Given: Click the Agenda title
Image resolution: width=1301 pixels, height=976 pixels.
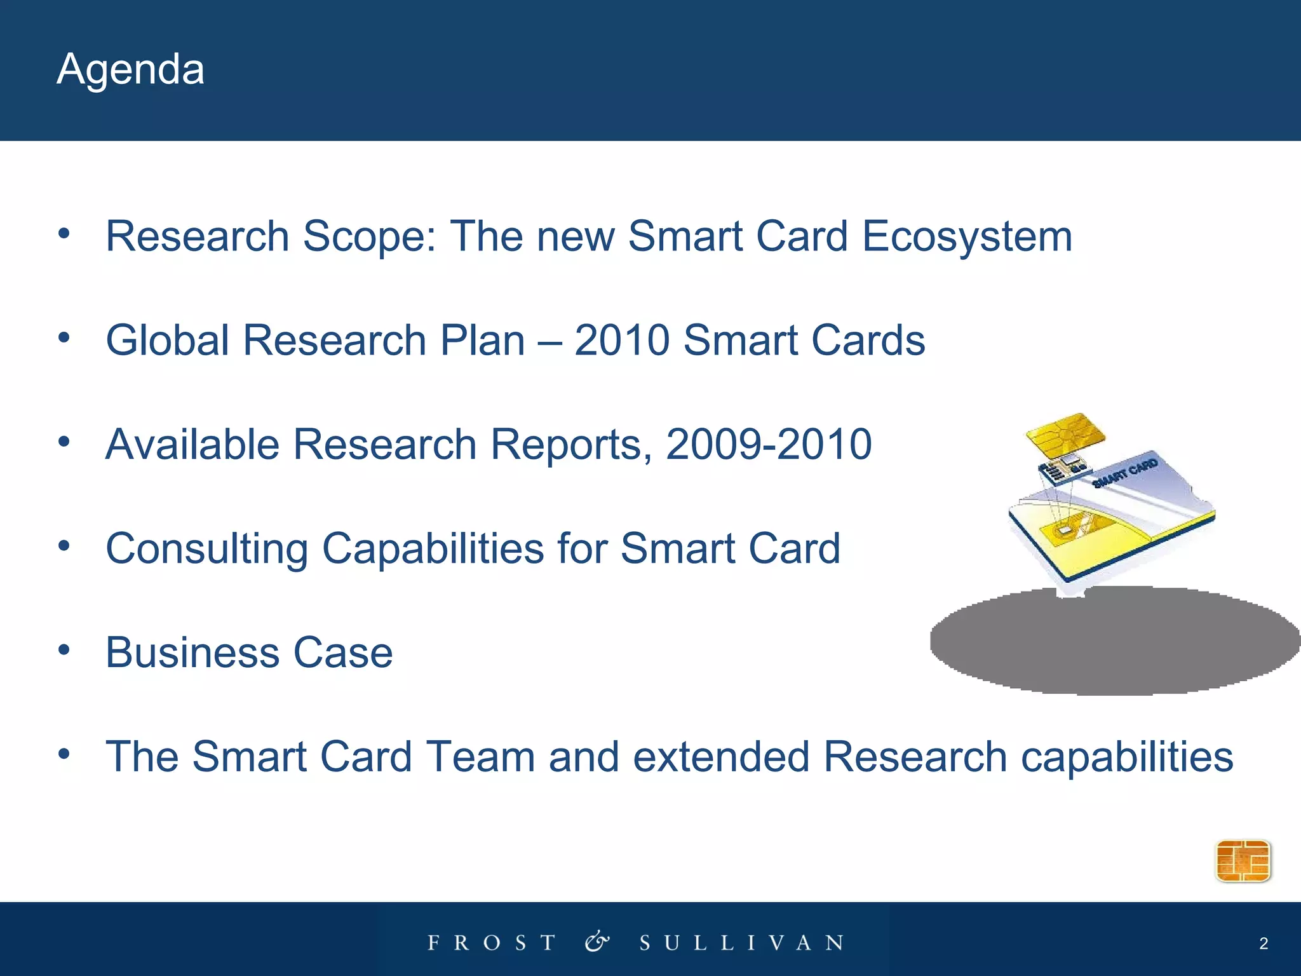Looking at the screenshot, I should [130, 69].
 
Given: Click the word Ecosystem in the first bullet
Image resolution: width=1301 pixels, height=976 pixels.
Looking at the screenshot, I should [966, 236].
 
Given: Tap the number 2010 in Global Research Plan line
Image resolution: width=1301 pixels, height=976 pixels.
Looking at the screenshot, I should [622, 340].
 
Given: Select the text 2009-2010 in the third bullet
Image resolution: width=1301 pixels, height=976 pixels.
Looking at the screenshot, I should [769, 444].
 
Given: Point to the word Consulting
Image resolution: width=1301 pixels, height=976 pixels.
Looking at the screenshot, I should [206, 548].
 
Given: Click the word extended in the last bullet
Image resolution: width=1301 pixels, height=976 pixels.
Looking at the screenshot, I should [721, 757].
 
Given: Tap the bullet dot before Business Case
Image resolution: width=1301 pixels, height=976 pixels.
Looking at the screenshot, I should [64, 650].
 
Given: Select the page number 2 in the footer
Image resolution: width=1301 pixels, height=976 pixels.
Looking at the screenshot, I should [1264, 944].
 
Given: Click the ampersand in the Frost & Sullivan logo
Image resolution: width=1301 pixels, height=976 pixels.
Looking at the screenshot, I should [597, 942].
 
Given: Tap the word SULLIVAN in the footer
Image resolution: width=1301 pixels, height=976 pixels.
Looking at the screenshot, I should [741, 943].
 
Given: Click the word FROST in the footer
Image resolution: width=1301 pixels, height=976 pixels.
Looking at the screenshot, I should [492, 943].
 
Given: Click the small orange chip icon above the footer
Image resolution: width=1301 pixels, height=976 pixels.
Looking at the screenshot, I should [1243, 861].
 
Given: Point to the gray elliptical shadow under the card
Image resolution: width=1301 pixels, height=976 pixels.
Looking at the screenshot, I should [1112, 642].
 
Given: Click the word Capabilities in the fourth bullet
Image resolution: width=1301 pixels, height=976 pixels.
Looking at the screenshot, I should [433, 548].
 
